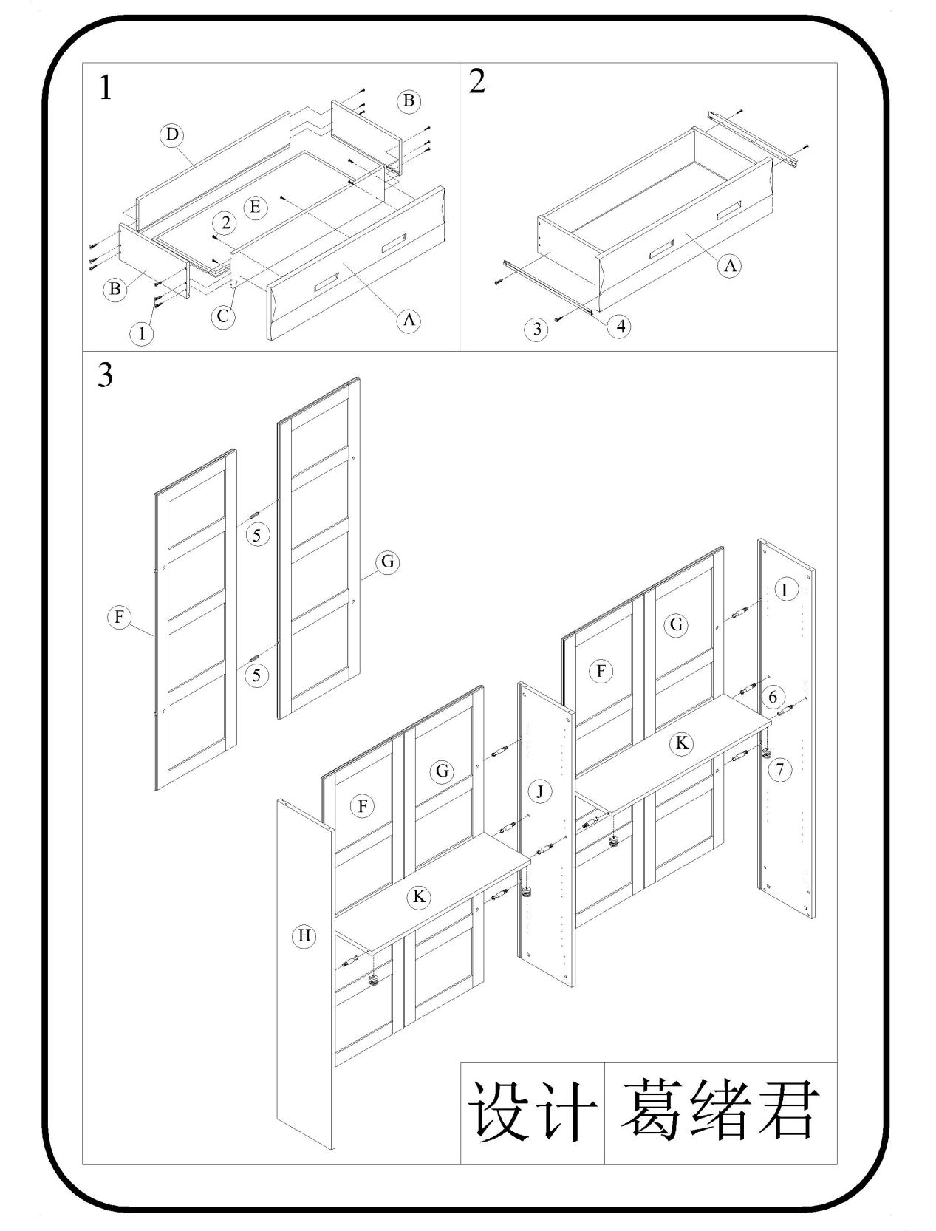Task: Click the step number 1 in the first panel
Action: click(x=106, y=89)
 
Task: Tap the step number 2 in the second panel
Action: click(x=477, y=81)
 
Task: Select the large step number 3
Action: click(x=106, y=375)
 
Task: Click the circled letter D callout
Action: click(x=172, y=134)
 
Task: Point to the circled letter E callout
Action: click(x=255, y=207)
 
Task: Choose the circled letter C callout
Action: click(x=222, y=317)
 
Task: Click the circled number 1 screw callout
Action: click(x=142, y=334)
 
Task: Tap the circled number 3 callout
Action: click(x=537, y=329)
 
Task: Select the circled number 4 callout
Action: click(x=619, y=326)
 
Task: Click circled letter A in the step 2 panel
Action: click(x=730, y=265)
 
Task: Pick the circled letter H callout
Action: click(x=304, y=936)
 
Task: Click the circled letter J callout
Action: click(x=540, y=792)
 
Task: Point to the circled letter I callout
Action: click(x=785, y=590)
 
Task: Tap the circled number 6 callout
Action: click(x=773, y=697)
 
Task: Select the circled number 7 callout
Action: click(x=779, y=770)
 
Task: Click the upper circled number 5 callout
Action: click(x=256, y=535)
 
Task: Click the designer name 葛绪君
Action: click(x=720, y=1111)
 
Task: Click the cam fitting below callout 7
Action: click(x=766, y=753)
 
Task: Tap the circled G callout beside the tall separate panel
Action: click(x=387, y=562)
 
